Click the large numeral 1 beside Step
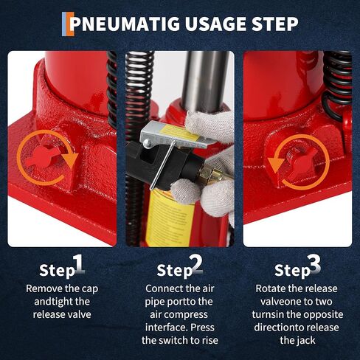(78, 264)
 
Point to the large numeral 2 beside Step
(197, 264)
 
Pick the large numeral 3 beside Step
(314, 263)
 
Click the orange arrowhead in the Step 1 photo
(71, 160)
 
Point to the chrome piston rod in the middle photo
(205, 81)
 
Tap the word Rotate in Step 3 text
(271, 288)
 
